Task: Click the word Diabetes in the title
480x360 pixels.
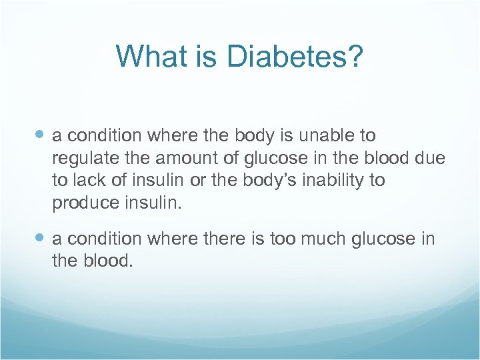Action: [287, 57]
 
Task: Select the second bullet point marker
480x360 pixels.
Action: [41, 238]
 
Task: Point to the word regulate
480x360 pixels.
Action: [83, 159]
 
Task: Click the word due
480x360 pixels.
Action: [430, 159]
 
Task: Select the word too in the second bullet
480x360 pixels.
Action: [285, 239]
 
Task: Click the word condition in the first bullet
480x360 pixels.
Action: [105, 136]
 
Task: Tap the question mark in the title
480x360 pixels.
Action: [354, 57]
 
